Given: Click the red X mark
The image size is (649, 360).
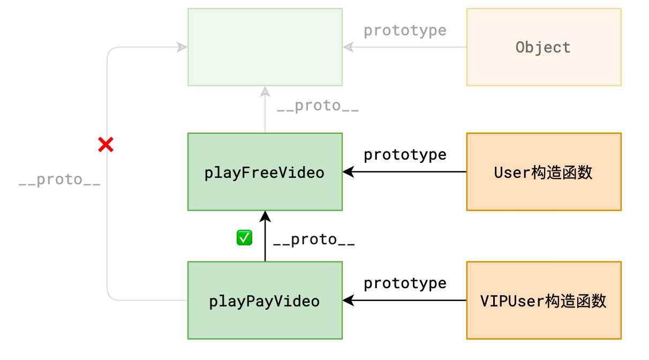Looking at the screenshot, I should pos(105,144).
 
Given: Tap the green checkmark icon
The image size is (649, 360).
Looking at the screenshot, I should pos(244,238).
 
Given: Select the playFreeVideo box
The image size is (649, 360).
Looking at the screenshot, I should pos(265,172).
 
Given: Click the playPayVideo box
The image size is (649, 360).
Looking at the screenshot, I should pos(265,301).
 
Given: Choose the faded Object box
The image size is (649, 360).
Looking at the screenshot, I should pos(544,47).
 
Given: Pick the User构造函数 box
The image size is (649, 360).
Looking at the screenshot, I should pos(544,172).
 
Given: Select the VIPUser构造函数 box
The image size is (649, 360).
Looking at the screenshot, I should pos(544,301).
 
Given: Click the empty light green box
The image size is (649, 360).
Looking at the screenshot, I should pos(265,47).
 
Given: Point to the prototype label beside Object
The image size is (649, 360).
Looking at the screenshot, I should pos(405,31).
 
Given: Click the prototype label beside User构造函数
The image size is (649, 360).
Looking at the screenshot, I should pos(405,155).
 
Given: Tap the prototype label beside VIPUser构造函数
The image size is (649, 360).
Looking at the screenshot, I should pos(405,283).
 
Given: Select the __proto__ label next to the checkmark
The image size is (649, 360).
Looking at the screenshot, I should pos(314,239).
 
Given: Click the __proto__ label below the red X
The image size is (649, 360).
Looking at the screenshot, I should pos(59,179).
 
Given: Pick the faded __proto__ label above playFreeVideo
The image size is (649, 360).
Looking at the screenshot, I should pos(318,106).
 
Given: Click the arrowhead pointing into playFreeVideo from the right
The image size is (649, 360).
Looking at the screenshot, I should pos(349,172).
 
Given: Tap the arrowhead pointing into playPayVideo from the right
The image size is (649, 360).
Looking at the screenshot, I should pos(349,301).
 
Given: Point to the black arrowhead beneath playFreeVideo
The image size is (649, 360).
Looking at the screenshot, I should pos(265,216).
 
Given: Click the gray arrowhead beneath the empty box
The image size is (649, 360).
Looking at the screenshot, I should pos(265,92).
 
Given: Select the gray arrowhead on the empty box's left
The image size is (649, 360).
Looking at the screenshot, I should pos(182,47).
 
